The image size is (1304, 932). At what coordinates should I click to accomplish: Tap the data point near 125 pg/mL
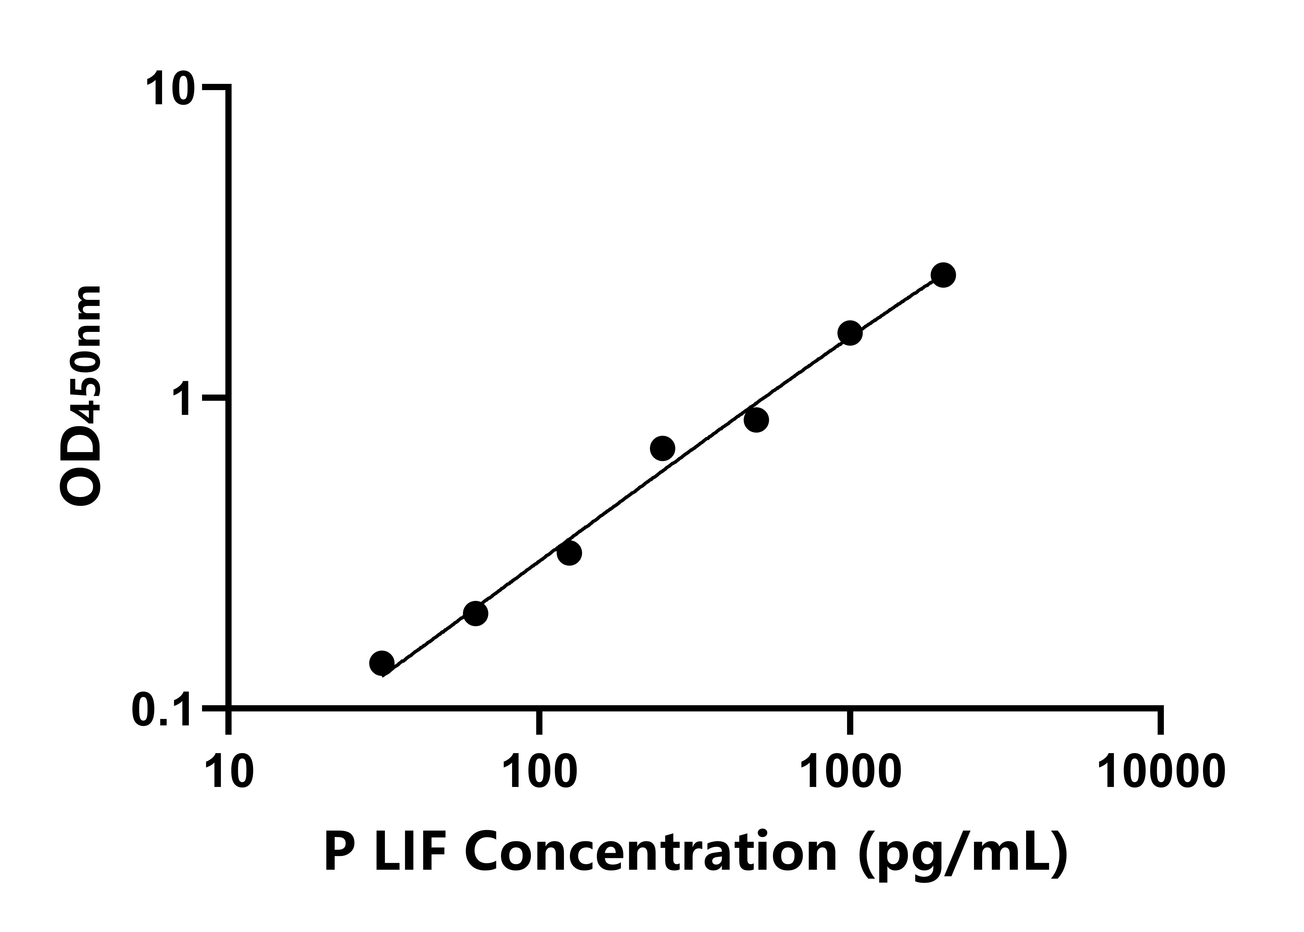(x=569, y=553)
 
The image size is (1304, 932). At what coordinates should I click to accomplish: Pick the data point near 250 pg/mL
(x=663, y=448)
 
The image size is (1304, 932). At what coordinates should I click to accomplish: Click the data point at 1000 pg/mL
(x=850, y=333)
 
